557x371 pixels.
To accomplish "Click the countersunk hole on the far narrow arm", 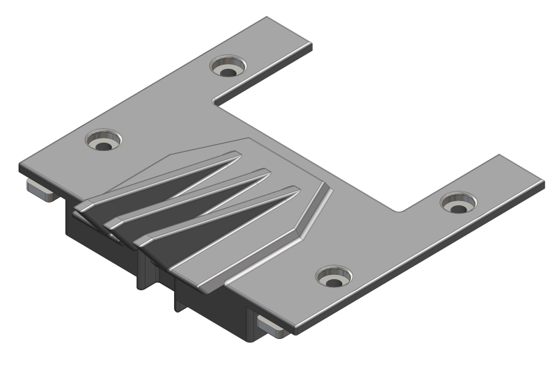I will pos(228,68).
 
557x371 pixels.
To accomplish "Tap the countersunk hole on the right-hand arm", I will pos(458,205).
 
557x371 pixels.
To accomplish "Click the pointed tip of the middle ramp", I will pos(268,173).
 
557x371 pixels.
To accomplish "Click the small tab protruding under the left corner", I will pos(40,189).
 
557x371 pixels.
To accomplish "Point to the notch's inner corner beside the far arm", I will pos(215,104).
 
